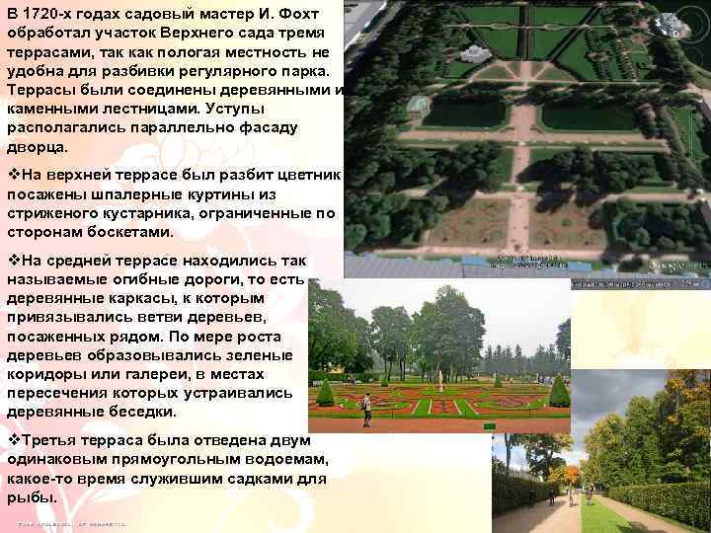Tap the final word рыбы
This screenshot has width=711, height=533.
coord(31,497)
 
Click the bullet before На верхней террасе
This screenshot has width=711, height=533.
coord(13,175)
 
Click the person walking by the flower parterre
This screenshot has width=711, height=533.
coord(366,407)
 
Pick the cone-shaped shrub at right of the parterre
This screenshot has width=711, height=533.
coord(559,393)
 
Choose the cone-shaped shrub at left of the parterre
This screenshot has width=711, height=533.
coord(325,393)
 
